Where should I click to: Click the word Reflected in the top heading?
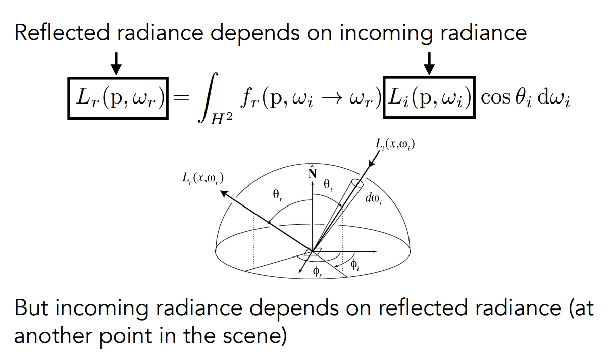(x=61, y=33)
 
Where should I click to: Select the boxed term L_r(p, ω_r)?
(x=118, y=97)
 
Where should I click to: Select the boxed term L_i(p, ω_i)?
(x=429, y=97)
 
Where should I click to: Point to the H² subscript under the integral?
(x=221, y=120)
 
